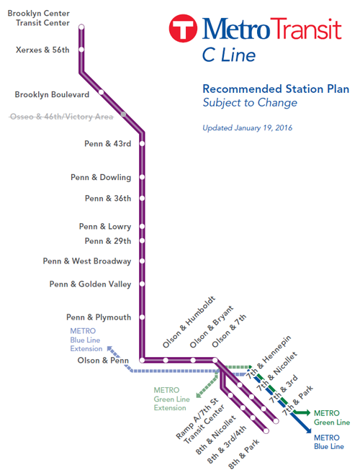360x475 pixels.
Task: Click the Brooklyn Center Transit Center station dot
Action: [x=81, y=27]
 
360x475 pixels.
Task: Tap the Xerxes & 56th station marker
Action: [x=81, y=50]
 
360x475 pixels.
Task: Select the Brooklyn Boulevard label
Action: [x=52, y=94]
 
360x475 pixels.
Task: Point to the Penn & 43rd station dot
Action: [x=142, y=143]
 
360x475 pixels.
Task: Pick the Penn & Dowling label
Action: [x=101, y=177]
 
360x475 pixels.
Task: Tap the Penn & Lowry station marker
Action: [x=142, y=227]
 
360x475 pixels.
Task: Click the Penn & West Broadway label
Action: [x=87, y=261]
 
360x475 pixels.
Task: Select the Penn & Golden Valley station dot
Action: [x=142, y=284]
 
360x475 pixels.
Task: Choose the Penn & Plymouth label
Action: [x=99, y=317]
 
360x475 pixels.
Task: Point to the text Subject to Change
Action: [x=251, y=103]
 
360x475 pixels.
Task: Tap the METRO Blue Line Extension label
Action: [x=86, y=340]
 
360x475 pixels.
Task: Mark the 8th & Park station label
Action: [x=243, y=453]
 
